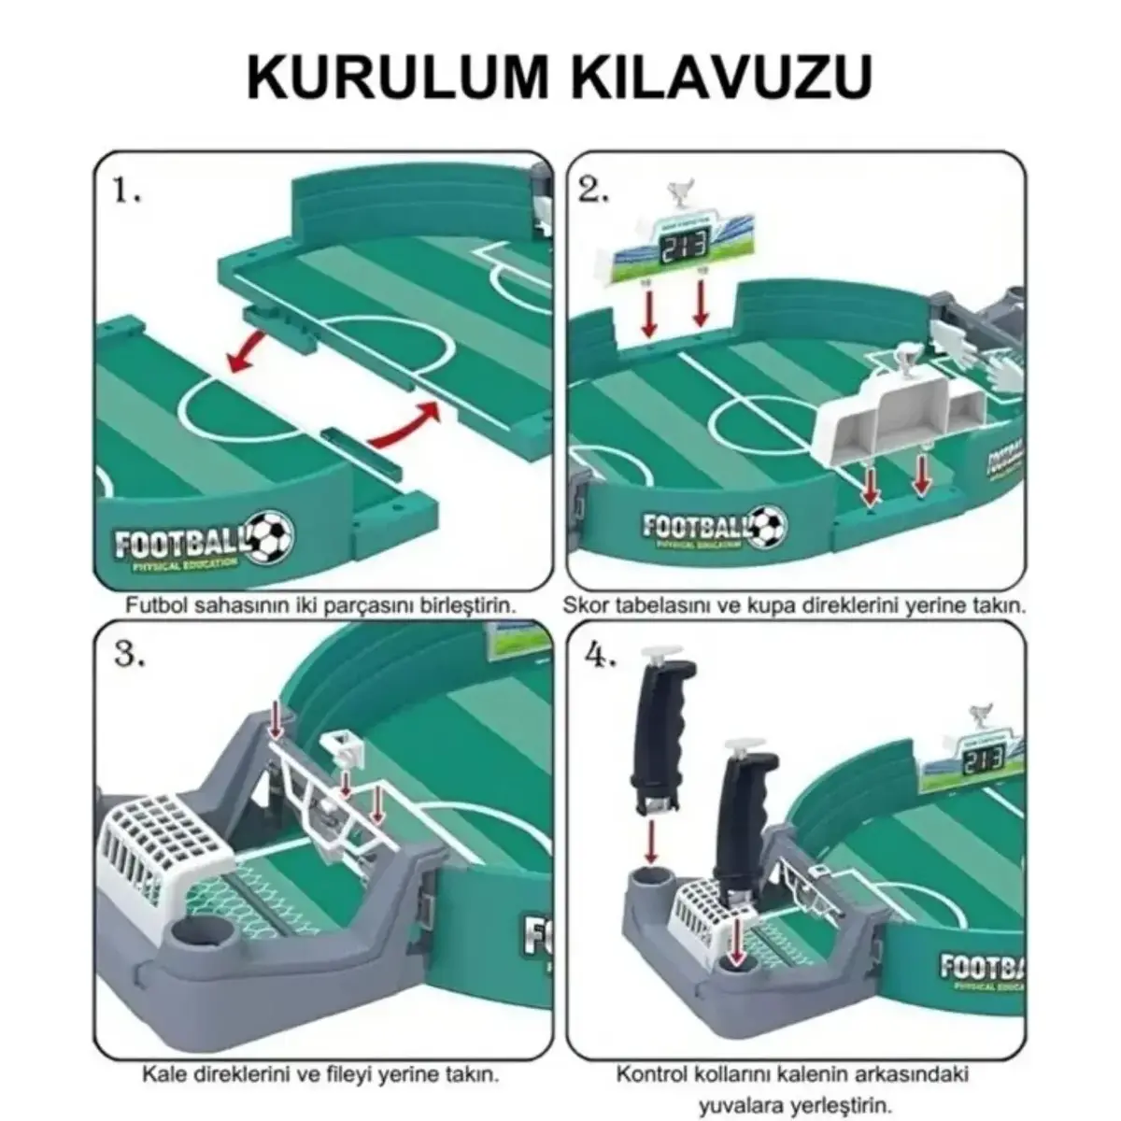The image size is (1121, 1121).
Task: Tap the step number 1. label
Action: click(x=127, y=192)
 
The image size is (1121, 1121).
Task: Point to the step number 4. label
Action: click(x=600, y=656)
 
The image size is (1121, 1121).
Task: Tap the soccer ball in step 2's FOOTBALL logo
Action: click(x=768, y=526)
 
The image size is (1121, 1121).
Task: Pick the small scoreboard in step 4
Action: click(x=972, y=757)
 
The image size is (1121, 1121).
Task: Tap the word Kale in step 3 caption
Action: click(x=160, y=1073)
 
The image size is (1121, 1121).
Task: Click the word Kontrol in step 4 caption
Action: click(x=646, y=1073)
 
